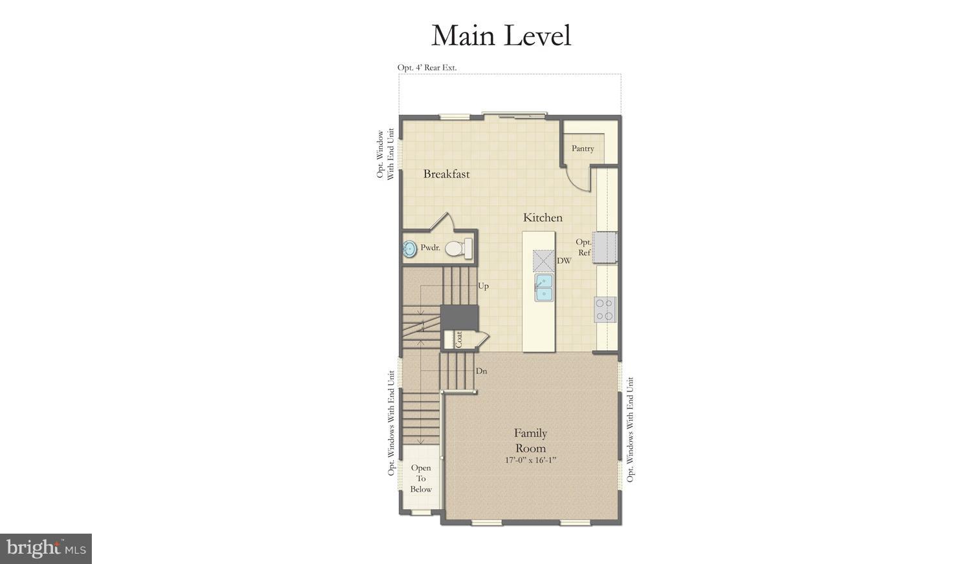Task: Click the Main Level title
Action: (x=501, y=36)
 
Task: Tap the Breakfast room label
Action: (x=446, y=174)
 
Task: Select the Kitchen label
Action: (x=543, y=218)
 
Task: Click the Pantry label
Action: (x=583, y=149)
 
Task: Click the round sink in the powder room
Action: (x=409, y=249)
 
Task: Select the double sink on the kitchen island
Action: (x=543, y=288)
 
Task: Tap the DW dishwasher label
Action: (x=564, y=261)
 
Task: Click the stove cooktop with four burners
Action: (x=605, y=309)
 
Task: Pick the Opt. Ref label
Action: (x=584, y=247)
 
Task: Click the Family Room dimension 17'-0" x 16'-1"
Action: (x=530, y=461)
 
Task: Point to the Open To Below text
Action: (x=420, y=479)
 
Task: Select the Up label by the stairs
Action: (x=483, y=286)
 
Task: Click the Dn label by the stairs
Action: (x=481, y=371)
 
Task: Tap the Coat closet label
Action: (x=458, y=340)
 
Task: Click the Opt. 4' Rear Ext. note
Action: (x=427, y=67)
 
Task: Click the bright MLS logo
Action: (x=45, y=549)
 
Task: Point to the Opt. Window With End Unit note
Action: (x=385, y=155)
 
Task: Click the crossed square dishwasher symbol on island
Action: (x=543, y=260)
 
